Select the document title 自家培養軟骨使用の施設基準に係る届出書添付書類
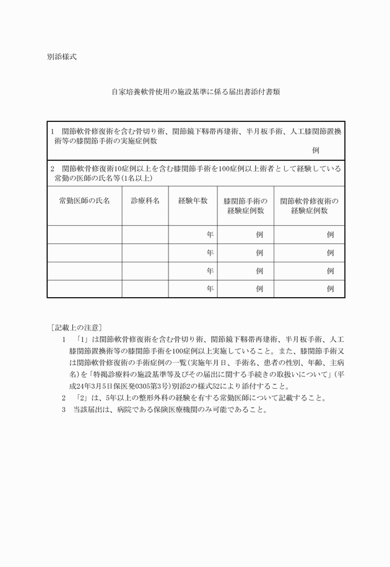point(196,92)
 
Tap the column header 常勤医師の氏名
point(84,201)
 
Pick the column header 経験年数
point(193,201)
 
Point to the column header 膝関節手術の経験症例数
point(245,206)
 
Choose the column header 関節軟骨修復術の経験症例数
point(310,206)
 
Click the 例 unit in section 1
point(316,150)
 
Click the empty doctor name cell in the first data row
point(84,235)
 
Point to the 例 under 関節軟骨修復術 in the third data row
point(331,271)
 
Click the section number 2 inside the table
point(53,168)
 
